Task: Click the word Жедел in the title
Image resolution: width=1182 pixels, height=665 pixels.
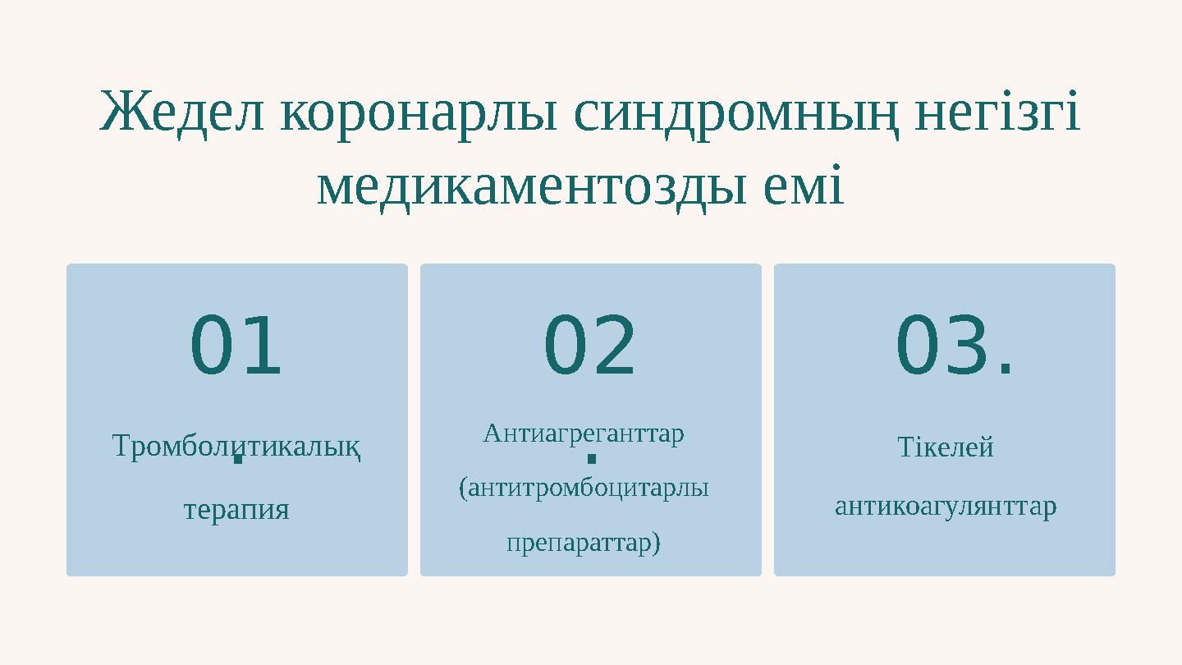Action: pos(182,113)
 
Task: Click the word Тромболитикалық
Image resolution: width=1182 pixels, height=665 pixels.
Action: pos(236,447)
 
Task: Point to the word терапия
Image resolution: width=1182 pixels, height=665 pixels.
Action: pos(236,509)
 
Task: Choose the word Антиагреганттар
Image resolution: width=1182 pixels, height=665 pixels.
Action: pos(584,433)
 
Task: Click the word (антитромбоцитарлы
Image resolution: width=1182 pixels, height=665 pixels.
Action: pos(584,488)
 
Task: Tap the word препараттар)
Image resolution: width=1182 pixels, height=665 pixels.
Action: pos(584,543)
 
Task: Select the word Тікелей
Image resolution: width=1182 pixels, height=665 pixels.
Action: pos(946,447)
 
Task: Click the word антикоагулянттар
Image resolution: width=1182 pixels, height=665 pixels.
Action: pos(946,507)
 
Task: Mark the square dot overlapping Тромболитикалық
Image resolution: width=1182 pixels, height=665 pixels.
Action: pos(237,457)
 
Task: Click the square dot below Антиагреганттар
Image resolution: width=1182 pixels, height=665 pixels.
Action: pos(591,457)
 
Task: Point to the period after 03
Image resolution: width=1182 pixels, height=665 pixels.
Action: pos(1006,373)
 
